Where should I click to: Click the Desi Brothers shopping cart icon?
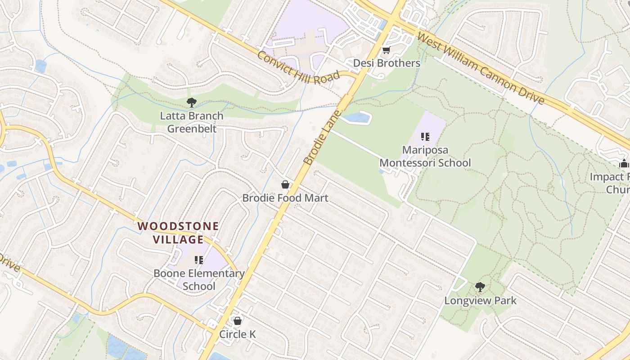tap(386, 50)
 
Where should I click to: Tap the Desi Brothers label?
tap(387, 63)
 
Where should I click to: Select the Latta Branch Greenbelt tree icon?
tap(192, 103)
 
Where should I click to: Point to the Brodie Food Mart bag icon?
tap(285, 184)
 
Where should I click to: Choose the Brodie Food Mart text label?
tap(285, 198)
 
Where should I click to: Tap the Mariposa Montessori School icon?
tap(425, 136)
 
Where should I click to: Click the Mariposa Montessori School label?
tap(425, 156)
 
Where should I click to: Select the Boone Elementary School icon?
tap(199, 260)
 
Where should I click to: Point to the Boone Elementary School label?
tap(199, 279)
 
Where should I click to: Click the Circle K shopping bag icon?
tap(237, 321)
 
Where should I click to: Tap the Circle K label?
tap(237, 334)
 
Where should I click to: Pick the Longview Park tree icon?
tap(480, 287)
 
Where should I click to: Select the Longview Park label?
tap(480, 300)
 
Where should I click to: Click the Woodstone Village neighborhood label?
tap(179, 233)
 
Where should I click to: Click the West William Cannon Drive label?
tap(481, 68)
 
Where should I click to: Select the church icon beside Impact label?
tap(624, 164)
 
